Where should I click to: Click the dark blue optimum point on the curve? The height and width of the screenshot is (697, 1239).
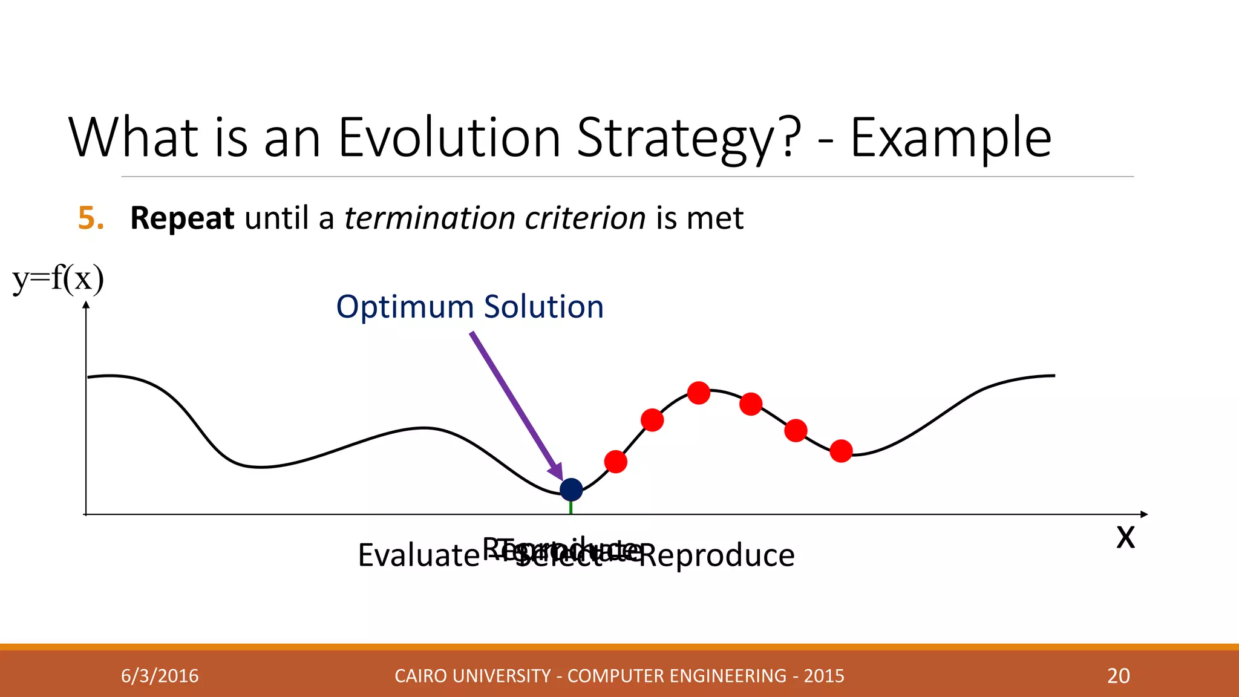coord(571,489)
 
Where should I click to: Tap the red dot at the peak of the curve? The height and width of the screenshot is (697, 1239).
coord(699,393)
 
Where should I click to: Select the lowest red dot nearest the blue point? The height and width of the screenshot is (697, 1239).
coord(616,462)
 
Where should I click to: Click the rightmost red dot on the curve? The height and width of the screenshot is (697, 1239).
coord(841,451)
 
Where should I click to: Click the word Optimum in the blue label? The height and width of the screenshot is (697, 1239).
coord(404,307)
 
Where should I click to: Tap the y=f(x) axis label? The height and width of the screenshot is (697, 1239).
coord(58,279)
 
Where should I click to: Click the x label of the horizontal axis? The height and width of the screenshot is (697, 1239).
coord(1125,537)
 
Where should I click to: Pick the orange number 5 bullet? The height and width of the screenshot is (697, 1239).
coord(91,218)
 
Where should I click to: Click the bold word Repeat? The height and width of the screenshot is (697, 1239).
coord(182,218)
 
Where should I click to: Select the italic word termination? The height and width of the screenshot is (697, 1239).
coord(429,218)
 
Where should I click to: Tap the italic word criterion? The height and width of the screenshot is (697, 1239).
coord(585,218)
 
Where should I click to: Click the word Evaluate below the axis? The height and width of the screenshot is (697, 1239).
coord(418,555)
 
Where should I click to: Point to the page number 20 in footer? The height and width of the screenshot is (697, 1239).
coord(1118,676)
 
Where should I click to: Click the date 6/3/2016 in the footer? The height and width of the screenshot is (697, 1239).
coord(160,676)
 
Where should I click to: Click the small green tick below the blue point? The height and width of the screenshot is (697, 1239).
coord(571,508)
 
